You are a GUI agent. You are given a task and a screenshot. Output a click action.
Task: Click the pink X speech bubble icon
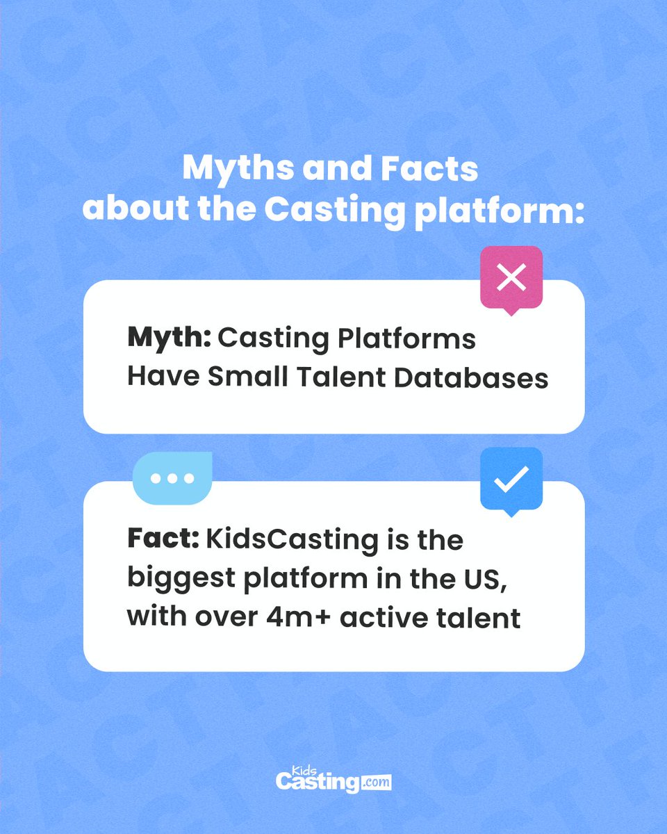click(x=511, y=279)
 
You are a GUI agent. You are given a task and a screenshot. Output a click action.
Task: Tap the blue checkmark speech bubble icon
click(x=511, y=480)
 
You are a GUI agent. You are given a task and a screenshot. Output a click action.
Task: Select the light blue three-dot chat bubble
click(x=172, y=478)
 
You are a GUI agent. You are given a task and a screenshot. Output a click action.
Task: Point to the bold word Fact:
click(x=163, y=539)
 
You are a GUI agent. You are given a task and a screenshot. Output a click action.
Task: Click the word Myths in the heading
click(x=238, y=170)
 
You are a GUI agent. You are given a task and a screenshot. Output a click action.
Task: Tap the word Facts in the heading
click(x=429, y=169)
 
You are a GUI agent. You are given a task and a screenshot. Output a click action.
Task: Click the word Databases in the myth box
click(x=471, y=377)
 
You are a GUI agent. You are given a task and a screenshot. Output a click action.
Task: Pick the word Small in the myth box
click(x=248, y=377)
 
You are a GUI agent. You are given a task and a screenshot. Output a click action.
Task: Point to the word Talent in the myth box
click(x=341, y=377)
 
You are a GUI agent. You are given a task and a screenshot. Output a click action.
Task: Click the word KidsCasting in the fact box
click(x=292, y=541)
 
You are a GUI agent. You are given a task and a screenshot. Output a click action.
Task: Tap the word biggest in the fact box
click(x=181, y=580)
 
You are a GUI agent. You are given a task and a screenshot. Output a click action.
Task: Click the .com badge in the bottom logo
click(x=376, y=782)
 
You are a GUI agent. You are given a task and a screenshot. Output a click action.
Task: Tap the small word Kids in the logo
click(x=304, y=770)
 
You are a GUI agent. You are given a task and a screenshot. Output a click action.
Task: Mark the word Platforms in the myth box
click(x=407, y=338)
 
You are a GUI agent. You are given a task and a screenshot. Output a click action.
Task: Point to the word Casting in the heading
click(x=334, y=211)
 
